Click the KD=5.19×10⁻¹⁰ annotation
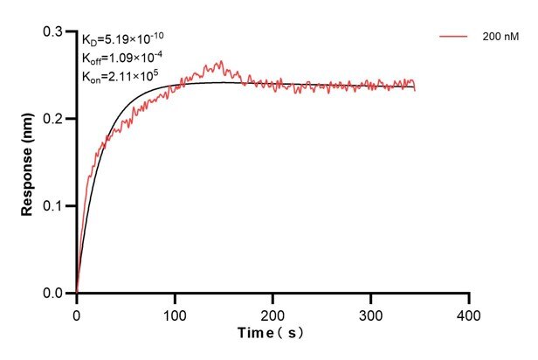pos(122,38)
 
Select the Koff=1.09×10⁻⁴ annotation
pos(121,58)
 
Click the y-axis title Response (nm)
pos(28,163)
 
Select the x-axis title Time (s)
pos(273,333)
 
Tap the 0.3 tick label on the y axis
pos(55,31)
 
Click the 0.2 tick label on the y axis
pos(55,119)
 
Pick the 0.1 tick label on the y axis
pos(55,206)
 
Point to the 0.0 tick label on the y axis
pos(55,294)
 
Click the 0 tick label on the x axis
pos(77,313)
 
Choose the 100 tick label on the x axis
pos(175,313)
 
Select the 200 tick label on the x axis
pos(273,313)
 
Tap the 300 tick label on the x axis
pos(371,313)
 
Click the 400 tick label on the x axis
pos(470,313)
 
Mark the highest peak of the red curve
pos(222,61)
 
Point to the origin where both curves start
pos(77,294)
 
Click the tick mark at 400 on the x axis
pos(470,298)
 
